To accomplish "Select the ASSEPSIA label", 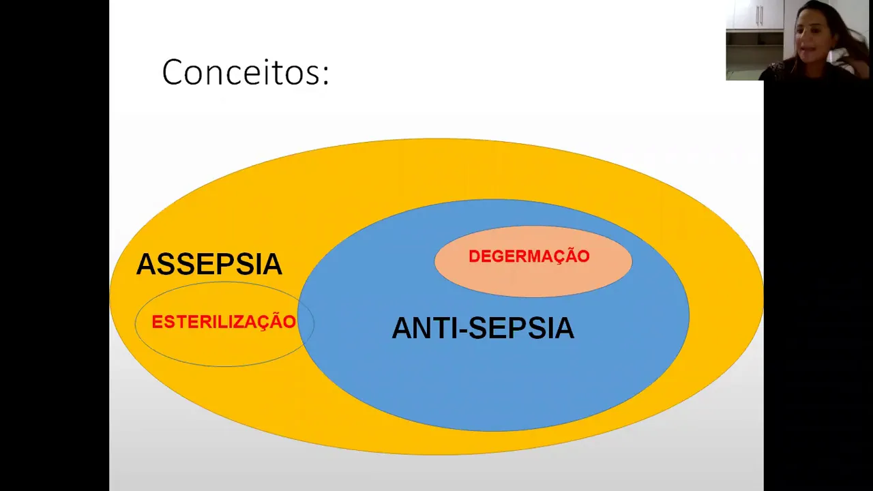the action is coord(209,265).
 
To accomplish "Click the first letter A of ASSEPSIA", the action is coord(146,265).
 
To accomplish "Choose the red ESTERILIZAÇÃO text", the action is coord(224,322).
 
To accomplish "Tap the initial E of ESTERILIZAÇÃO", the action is coord(156,323).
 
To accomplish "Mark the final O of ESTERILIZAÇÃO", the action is coord(289,323).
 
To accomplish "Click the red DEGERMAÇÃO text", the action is coord(529,256).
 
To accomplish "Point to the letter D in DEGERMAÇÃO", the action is coord(474,257).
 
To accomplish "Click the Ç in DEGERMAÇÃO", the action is coord(561,257).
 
